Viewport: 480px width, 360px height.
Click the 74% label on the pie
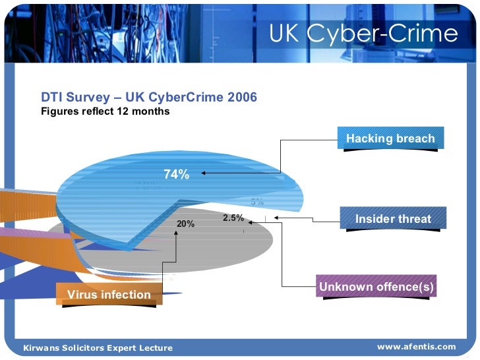[177, 175]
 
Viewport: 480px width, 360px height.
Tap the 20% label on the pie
[186, 224]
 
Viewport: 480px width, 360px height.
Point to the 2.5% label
[233, 218]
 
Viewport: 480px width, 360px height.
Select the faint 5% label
[257, 202]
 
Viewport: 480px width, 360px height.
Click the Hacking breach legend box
[390, 138]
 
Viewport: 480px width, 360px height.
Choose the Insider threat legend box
[393, 219]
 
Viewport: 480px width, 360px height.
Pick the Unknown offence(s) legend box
[377, 287]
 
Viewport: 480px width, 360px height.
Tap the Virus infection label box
[109, 295]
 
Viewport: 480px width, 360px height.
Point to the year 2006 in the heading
[241, 98]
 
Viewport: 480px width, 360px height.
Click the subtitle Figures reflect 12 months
[105, 111]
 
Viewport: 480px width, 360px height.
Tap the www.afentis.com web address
[416, 347]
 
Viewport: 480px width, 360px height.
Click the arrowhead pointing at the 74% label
[205, 173]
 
